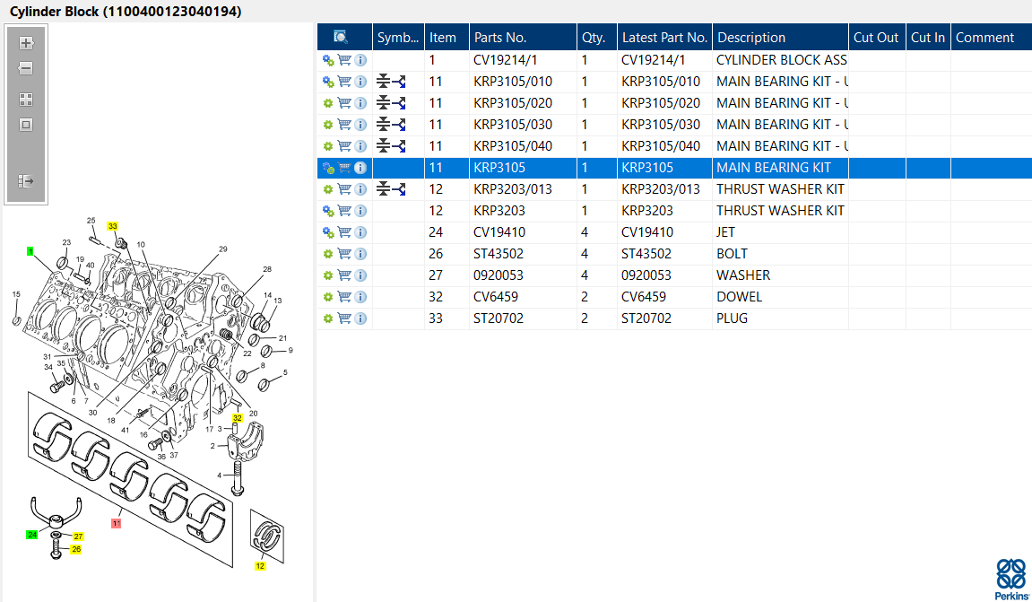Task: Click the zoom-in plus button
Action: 26,43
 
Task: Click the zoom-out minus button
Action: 26,68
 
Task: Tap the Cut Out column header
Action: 876,38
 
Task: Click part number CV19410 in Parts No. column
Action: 499,232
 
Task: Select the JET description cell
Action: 726,232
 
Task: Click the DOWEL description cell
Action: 739,297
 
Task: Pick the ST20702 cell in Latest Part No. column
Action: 646,318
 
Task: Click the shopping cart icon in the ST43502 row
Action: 344,254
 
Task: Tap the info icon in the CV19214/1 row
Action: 360,61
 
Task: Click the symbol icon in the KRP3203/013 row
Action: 391,189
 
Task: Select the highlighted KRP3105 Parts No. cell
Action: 499,168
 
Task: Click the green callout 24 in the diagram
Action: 31,535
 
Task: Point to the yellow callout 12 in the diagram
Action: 261,566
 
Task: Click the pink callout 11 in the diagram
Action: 117,524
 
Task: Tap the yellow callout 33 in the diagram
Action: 113,226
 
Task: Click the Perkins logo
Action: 1011,579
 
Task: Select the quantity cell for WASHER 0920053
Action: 585,275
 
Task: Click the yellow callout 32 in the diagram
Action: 238,418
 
